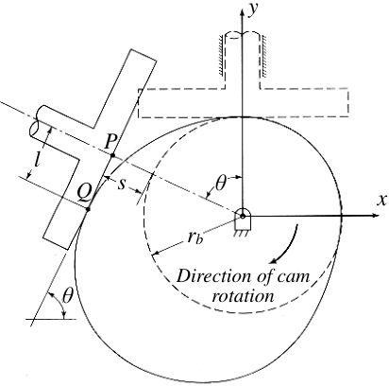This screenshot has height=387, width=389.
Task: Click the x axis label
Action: click(x=381, y=200)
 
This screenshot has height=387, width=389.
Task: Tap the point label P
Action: click(x=110, y=142)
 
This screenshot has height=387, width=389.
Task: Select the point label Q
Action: click(x=85, y=193)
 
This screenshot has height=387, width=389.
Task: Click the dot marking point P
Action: click(x=113, y=155)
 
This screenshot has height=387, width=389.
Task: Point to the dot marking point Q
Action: click(x=88, y=209)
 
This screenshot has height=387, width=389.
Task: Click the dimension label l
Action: click(x=37, y=162)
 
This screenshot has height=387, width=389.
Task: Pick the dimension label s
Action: click(x=122, y=185)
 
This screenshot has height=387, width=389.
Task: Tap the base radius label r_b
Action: click(x=195, y=237)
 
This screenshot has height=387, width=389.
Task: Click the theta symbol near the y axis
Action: click(x=220, y=184)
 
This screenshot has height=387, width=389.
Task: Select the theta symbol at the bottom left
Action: click(x=67, y=296)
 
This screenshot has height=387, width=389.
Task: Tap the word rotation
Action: click(x=243, y=296)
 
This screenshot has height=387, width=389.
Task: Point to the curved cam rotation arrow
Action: click(x=287, y=245)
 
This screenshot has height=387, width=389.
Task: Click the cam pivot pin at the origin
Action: click(x=243, y=216)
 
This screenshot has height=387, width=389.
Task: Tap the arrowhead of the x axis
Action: click(x=375, y=216)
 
